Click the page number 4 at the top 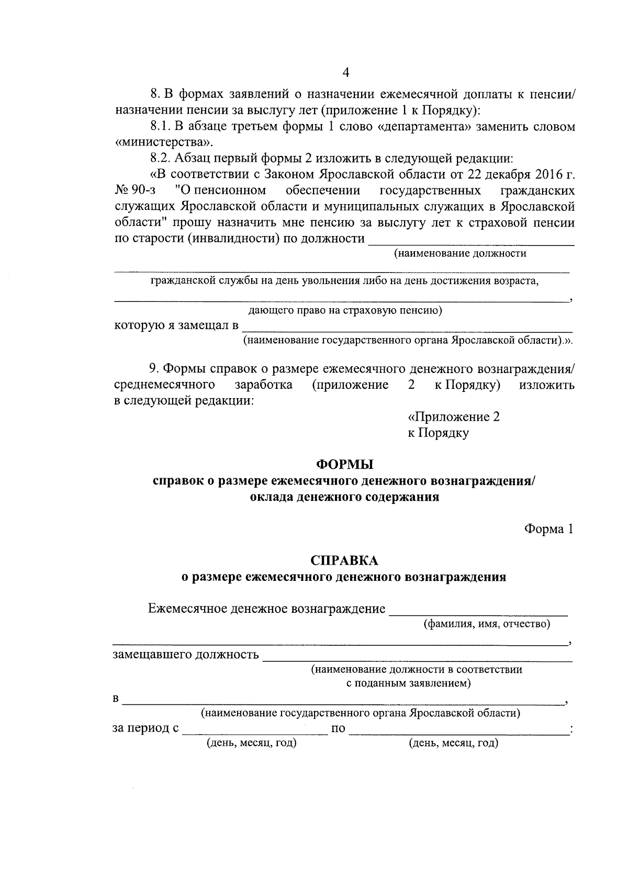click(345, 72)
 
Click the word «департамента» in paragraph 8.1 click(418, 127)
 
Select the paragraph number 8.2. click(160, 158)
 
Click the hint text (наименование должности click(460, 254)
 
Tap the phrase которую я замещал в click(176, 325)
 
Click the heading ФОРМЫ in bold click(345, 464)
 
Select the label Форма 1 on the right click(549, 529)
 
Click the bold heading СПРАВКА click(344, 560)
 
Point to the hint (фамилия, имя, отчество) click(487, 624)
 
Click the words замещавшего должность click(186, 655)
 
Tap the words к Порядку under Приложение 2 click(438, 433)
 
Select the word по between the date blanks click(338, 728)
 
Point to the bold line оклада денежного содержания click(344, 497)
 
